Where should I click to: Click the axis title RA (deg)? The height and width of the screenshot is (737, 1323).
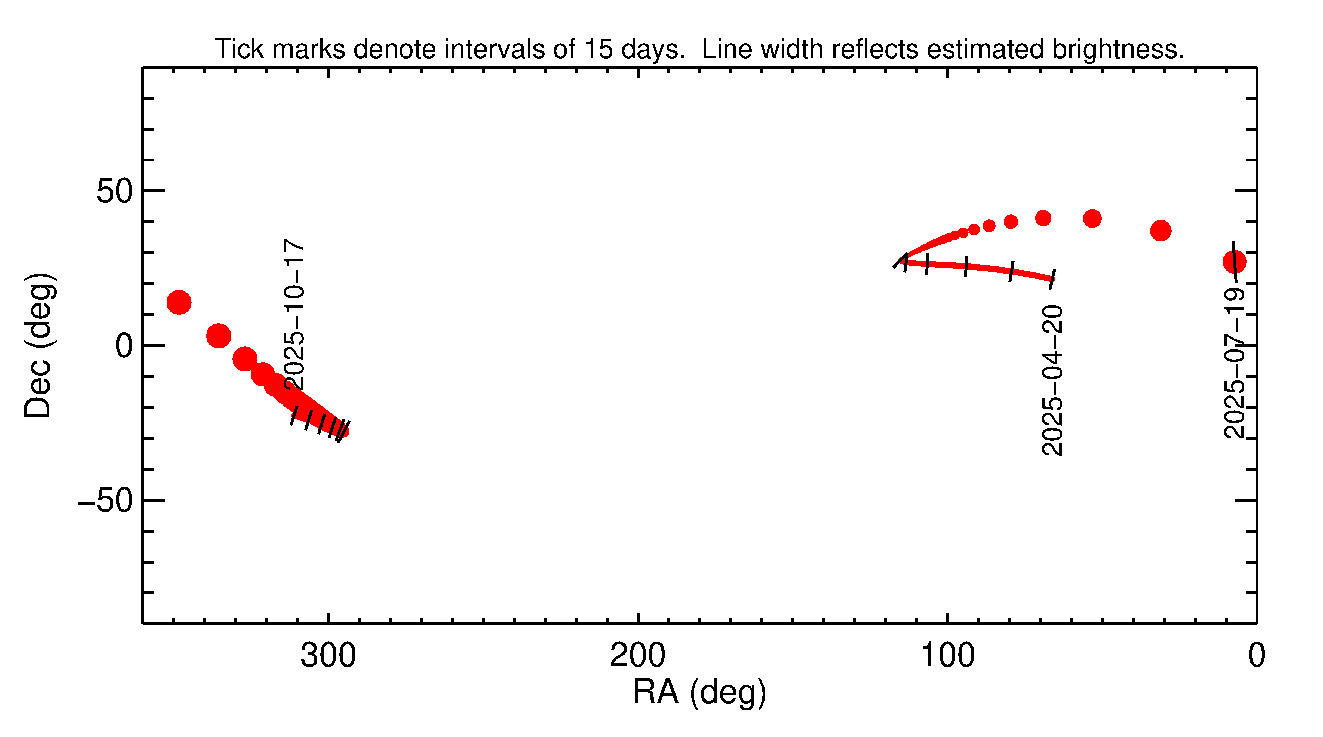point(699,692)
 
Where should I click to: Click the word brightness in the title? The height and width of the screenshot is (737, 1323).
point(1117,49)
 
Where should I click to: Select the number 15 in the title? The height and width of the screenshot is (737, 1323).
point(598,49)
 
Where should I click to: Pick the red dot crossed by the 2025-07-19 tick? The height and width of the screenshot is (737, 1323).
point(1234,262)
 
